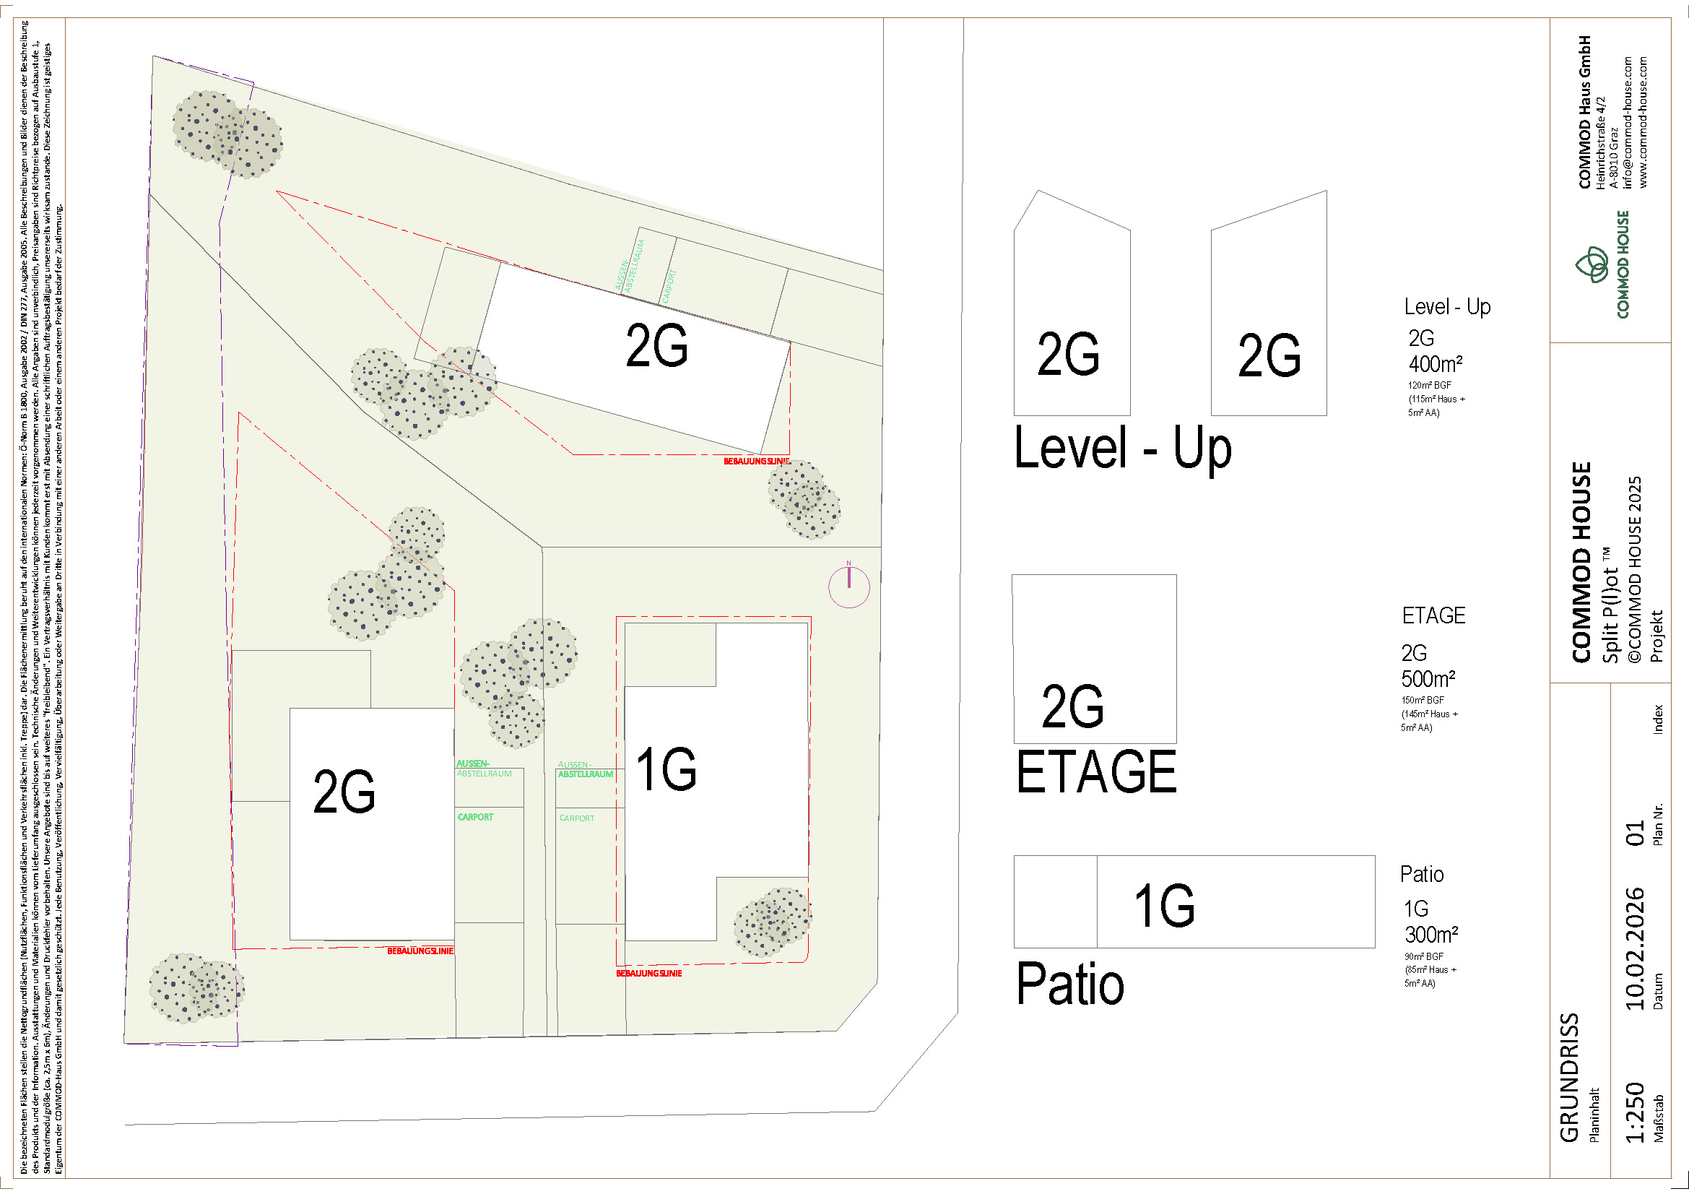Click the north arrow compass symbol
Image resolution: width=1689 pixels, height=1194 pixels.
849,587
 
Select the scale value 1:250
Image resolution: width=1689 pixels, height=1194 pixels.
1636,1112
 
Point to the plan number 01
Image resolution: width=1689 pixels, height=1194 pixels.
1636,834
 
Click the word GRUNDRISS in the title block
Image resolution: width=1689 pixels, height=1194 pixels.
1570,1078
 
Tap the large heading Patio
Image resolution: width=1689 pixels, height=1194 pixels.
1070,985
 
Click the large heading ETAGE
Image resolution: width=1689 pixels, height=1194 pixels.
1096,771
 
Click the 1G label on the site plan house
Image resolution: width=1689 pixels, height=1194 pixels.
667,769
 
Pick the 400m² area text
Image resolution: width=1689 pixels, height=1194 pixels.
1436,364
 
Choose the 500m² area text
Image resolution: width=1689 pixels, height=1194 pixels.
1428,678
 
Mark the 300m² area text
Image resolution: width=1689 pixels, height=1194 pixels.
1430,935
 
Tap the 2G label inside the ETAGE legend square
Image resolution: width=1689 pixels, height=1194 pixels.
1072,706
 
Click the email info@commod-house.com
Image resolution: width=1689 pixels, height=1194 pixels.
1627,122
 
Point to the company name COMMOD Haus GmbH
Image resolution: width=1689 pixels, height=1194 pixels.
1585,112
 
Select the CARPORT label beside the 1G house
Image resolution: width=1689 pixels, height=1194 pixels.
577,818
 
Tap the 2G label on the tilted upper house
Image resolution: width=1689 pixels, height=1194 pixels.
657,346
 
